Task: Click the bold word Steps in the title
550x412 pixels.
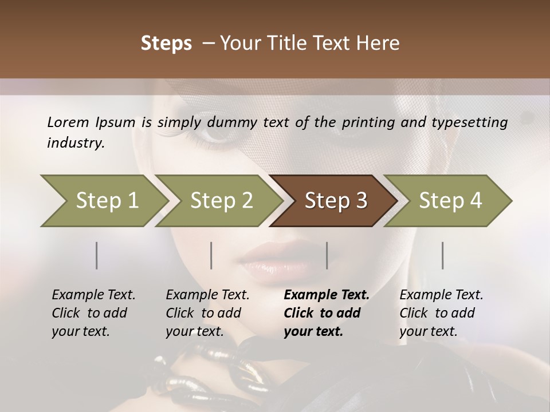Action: click(166, 43)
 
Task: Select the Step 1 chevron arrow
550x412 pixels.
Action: click(103, 201)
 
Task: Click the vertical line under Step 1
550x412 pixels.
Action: click(96, 255)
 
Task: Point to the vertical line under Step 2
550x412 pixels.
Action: click(211, 255)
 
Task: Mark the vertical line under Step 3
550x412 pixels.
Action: click(327, 255)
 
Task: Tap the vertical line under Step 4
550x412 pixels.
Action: click(443, 255)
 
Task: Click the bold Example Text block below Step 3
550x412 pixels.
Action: click(327, 313)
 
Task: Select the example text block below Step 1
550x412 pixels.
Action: click(93, 313)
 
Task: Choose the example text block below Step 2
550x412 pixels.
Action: click(207, 313)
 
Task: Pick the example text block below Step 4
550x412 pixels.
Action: click(441, 313)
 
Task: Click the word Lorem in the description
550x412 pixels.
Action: click(68, 122)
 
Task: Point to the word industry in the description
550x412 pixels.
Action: click(75, 143)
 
